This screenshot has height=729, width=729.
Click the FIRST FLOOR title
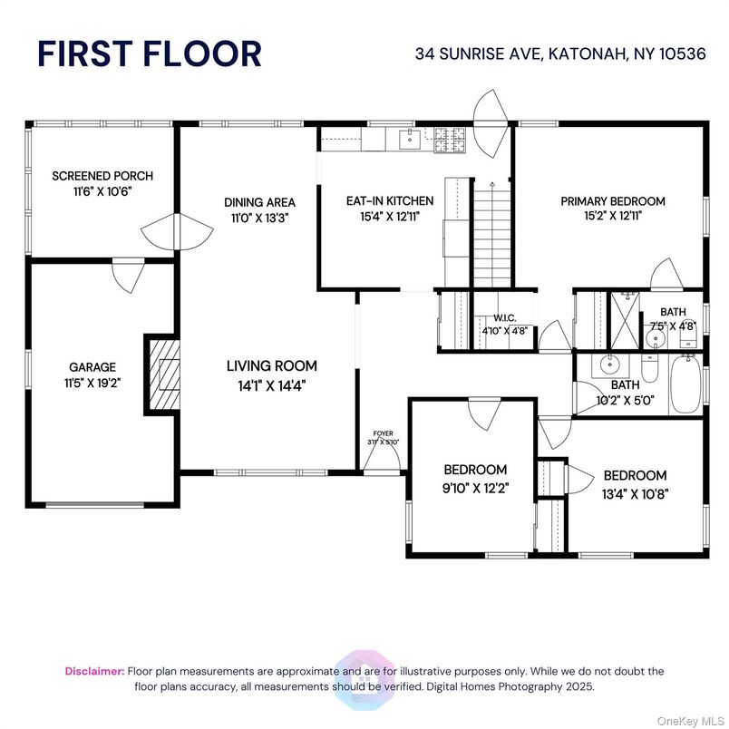point(149,53)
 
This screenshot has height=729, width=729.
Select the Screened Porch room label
point(102,176)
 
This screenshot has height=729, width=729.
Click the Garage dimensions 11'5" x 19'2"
point(92,383)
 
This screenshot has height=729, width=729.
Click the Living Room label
point(272,366)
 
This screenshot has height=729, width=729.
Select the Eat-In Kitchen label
point(390,201)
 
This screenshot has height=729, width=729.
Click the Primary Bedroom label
point(612,201)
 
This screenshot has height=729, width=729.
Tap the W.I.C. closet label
point(505,318)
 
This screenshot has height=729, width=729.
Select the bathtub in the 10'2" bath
point(685,384)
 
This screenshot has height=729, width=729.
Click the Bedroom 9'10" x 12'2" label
point(475,470)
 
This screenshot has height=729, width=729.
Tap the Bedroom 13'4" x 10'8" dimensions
point(635,493)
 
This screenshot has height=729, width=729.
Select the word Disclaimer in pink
point(94,671)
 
